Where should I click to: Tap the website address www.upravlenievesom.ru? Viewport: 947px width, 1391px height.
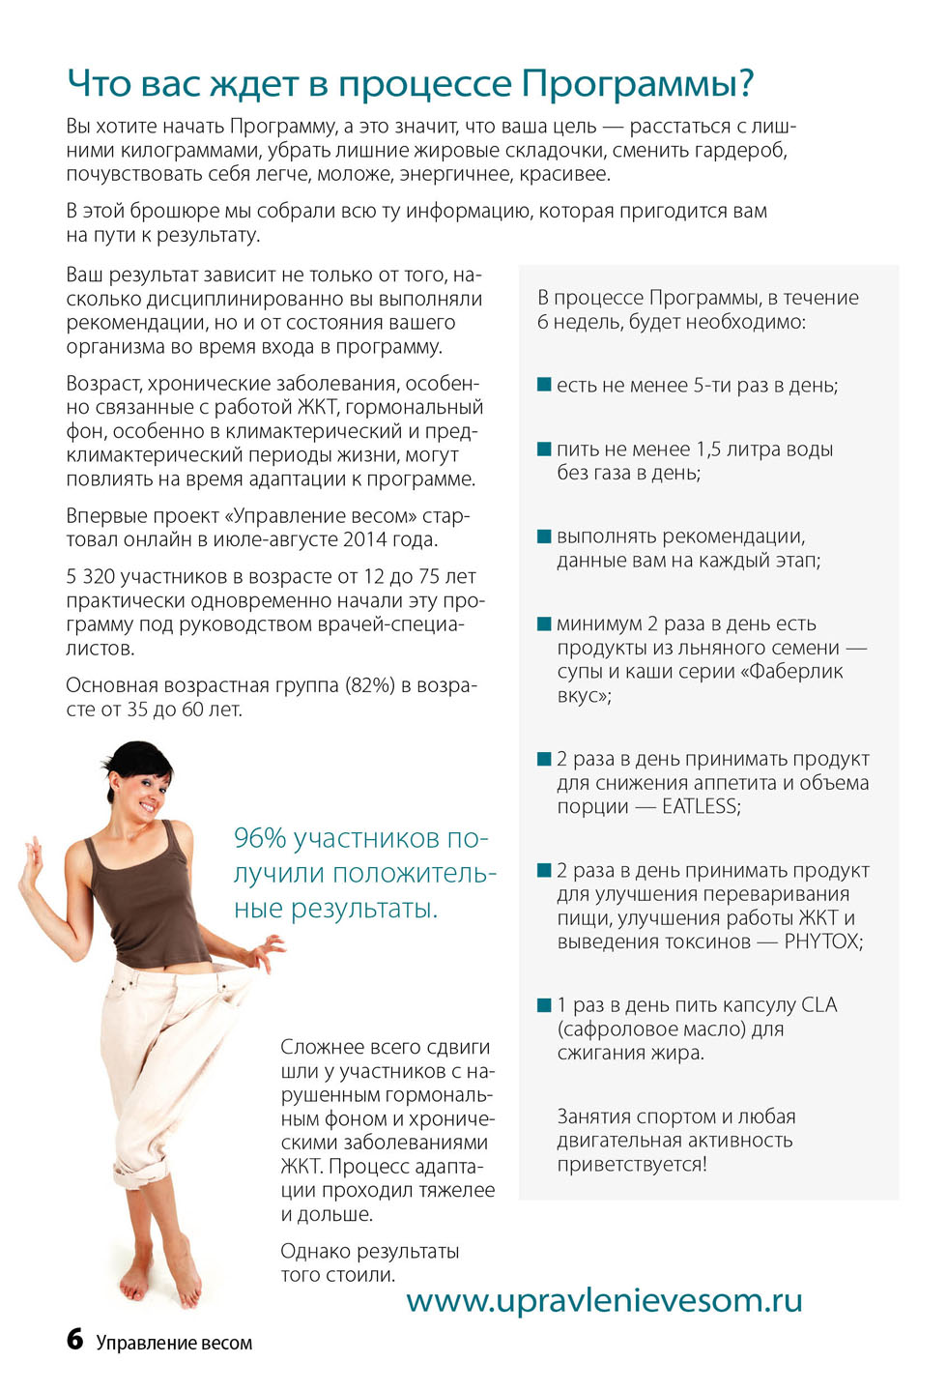pyautogui.click(x=604, y=1300)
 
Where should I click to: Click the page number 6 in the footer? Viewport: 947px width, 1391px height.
pyautogui.click(x=74, y=1339)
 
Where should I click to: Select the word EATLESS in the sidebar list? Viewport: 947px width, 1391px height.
pyautogui.click(x=700, y=806)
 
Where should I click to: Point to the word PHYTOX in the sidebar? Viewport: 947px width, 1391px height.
pyautogui.click(x=822, y=942)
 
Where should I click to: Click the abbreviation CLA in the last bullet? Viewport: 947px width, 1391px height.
pyautogui.click(x=818, y=1005)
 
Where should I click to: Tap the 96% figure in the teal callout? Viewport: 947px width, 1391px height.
pyautogui.click(x=259, y=838)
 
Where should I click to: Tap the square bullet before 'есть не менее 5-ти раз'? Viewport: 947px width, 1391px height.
pyautogui.click(x=544, y=385)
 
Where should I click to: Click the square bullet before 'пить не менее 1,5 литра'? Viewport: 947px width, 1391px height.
pyautogui.click(x=544, y=449)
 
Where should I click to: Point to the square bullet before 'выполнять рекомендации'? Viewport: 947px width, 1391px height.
pyautogui.click(x=544, y=536)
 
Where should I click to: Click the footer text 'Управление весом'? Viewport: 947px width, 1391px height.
pyautogui.click(x=174, y=1343)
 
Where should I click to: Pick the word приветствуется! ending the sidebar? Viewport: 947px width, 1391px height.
pyautogui.click(x=632, y=1164)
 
